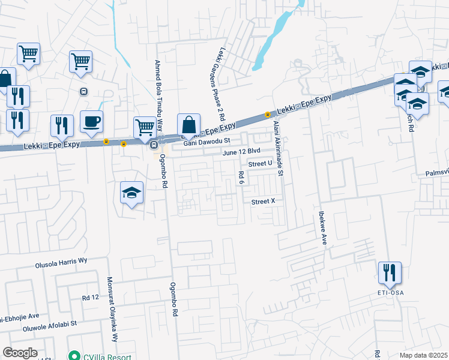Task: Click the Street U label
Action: click(260, 163)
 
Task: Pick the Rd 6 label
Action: click(241, 178)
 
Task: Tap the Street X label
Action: click(262, 202)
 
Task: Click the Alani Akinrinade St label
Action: click(277, 148)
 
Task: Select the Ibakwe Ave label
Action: click(322, 227)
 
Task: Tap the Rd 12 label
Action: click(90, 298)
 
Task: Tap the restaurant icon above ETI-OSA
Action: click(390, 273)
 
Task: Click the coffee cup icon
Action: click(91, 122)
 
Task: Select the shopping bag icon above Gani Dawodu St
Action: click(188, 125)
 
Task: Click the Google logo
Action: click(20, 353)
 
